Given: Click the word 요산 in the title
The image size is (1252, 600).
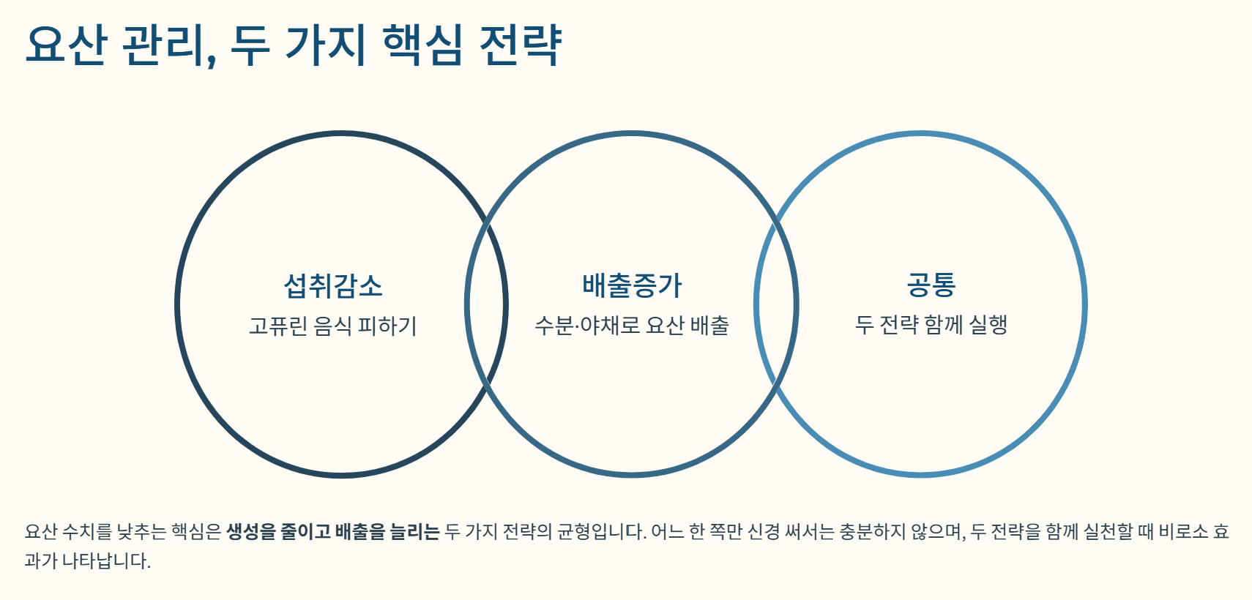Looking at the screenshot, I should click(x=67, y=45).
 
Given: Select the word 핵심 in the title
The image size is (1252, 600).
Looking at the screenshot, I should click(x=423, y=45).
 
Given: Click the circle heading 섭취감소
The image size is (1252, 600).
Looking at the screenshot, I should click(x=333, y=285).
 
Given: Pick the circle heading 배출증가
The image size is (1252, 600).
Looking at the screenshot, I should click(x=632, y=285).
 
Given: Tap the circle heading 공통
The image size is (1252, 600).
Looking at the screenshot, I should click(x=931, y=285).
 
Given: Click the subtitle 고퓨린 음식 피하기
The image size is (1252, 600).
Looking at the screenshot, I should click(x=333, y=326).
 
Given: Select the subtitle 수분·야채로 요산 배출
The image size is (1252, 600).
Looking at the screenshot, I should click(x=632, y=325).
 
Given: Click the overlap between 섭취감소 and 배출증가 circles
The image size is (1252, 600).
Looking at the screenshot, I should click(x=486, y=304).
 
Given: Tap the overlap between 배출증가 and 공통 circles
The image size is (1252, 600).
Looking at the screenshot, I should click(x=776, y=304).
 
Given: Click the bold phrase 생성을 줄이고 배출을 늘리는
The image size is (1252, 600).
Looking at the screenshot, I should click(x=332, y=531).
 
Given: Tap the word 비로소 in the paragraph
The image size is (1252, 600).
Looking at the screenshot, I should click(x=1183, y=531).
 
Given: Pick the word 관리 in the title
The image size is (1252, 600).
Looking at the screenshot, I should click(x=167, y=45).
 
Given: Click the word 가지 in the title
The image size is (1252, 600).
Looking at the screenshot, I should click(x=324, y=45).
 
